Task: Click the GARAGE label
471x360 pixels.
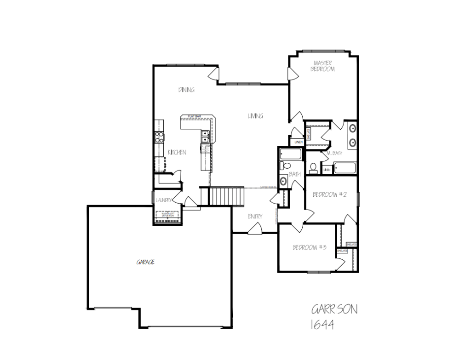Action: pos(145,262)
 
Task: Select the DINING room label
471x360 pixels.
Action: pos(186,90)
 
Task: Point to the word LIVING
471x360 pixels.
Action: pos(255,116)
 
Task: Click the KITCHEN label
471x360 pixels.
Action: pos(177,153)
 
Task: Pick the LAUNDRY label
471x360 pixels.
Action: pos(163,200)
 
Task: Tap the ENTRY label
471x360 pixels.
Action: pos(255,216)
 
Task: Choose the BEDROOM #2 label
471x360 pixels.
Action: pos(329,194)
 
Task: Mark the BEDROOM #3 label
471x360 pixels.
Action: pos(310,248)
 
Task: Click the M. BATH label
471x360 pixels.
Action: pos(334,153)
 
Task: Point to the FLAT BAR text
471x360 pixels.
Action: pos(194,116)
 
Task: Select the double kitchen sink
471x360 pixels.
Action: pos(205,136)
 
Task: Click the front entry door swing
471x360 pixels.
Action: pos(256,228)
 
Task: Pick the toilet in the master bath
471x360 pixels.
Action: pos(313,167)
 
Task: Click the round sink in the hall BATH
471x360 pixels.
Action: pos(283,181)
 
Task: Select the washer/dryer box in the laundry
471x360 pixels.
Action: pos(167,216)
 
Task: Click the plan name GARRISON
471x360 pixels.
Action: pos(334,309)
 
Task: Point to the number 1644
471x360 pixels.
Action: pos(322,325)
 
